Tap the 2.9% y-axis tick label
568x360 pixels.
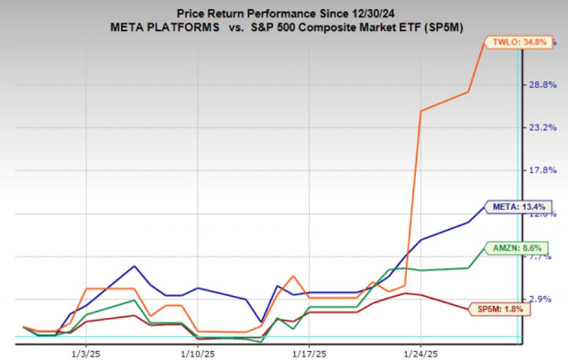(544, 299)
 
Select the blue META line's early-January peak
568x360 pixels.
(134, 267)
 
